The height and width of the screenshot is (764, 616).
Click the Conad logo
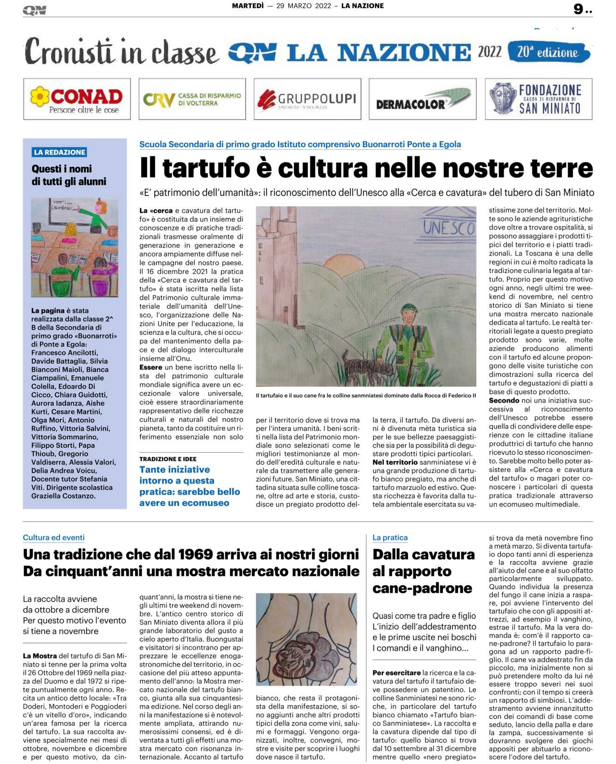77,99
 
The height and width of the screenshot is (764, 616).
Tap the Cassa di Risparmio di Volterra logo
192,99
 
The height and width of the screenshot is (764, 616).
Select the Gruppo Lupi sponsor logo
307,99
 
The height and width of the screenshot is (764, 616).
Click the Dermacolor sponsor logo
422,99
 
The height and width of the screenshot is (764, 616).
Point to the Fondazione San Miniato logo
538,99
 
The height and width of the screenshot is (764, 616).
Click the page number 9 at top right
579,9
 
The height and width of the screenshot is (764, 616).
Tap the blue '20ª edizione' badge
548,52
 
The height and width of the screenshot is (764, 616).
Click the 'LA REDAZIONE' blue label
60,152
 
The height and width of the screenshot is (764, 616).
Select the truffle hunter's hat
409,308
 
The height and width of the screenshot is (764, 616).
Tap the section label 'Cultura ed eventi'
54,538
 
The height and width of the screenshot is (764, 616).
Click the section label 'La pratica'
390,538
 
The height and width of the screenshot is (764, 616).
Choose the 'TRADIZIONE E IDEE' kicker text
168,459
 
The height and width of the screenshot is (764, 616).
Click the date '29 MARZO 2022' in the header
304,6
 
